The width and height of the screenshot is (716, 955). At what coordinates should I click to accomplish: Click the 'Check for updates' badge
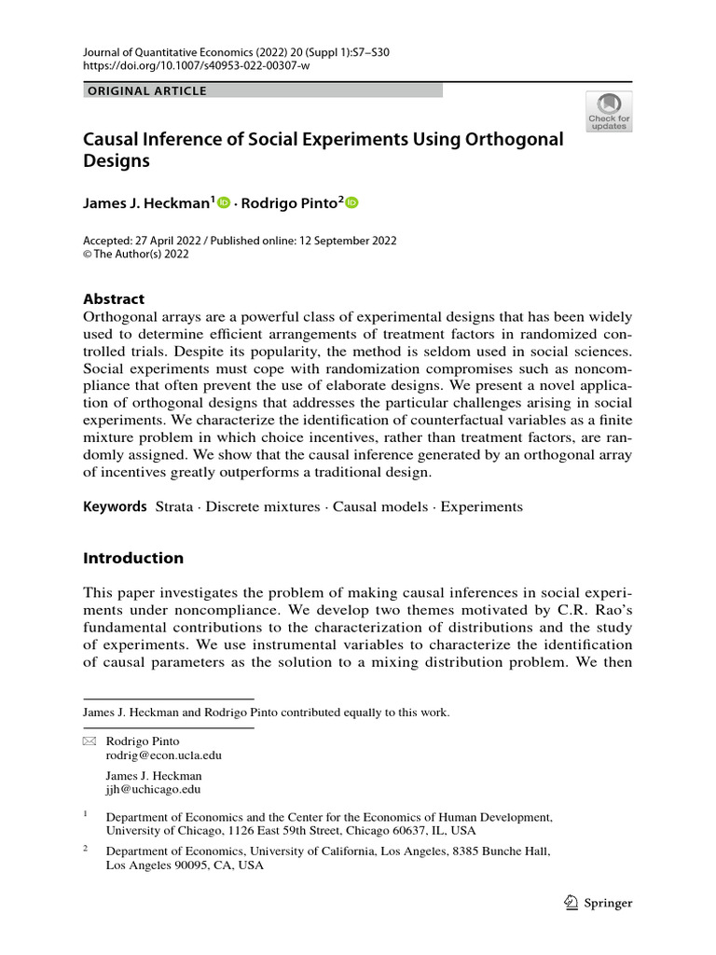pos(609,110)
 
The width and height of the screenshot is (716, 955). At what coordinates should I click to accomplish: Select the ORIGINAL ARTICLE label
pos(146,90)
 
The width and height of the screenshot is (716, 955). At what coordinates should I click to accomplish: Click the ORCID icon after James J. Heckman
pos(224,202)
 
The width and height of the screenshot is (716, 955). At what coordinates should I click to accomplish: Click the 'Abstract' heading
pos(114,299)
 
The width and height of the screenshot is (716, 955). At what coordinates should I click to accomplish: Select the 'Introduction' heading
pos(133,559)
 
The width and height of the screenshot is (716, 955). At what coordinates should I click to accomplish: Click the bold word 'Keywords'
pos(115,507)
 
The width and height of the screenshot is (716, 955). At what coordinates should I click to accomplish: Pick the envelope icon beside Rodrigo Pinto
pos(89,741)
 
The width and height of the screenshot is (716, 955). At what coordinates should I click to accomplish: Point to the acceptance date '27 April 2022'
pos(176,241)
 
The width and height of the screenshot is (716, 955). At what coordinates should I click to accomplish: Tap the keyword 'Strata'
pos(174,507)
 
